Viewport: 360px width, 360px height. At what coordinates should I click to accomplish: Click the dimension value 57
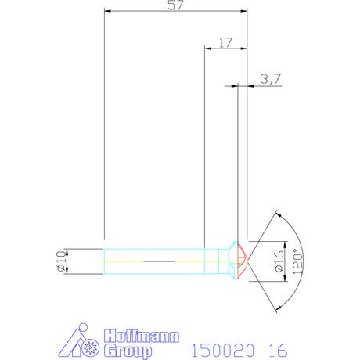click(175, 5)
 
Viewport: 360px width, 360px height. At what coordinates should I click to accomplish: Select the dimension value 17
click(225, 43)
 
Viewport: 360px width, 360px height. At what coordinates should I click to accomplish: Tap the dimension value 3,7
click(271, 79)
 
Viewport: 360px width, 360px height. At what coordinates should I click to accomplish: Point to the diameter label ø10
click(60, 261)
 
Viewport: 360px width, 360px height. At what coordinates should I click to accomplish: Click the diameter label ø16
click(279, 261)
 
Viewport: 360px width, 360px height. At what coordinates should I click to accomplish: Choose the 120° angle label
click(297, 261)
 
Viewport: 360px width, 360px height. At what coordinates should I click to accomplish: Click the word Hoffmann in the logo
click(142, 336)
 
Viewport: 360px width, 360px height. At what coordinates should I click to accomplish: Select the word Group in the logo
click(128, 351)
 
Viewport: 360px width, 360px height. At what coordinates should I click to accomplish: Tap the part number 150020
click(223, 350)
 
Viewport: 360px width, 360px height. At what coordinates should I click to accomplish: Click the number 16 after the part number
click(278, 350)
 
